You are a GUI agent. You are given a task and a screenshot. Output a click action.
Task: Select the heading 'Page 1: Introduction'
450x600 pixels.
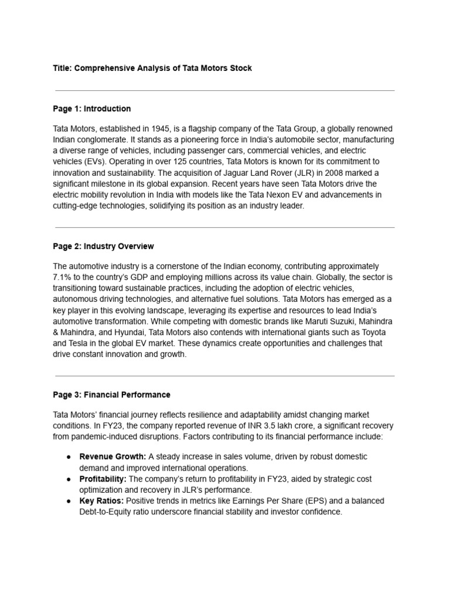(92, 108)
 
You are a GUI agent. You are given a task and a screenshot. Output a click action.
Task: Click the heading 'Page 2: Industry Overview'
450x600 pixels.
(103, 246)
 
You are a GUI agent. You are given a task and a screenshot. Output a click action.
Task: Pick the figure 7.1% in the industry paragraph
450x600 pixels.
(64, 277)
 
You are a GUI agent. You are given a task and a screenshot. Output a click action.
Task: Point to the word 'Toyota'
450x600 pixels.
(370, 333)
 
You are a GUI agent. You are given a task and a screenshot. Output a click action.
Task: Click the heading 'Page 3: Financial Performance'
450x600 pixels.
(111, 394)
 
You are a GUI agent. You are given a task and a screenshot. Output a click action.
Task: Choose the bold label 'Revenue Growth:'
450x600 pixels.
(112, 456)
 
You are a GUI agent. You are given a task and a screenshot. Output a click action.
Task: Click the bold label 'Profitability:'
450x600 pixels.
(103, 479)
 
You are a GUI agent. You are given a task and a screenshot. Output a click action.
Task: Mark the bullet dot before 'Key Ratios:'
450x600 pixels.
(69, 501)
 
